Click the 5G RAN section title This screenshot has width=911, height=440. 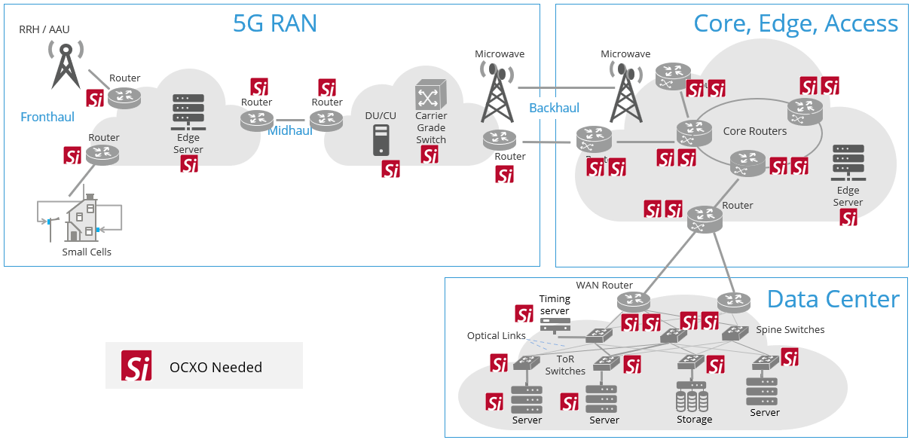pyautogui.click(x=275, y=23)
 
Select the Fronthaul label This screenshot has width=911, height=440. pyautogui.click(x=47, y=117)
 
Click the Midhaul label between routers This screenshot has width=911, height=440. pyautogui.click(x=290, y=130)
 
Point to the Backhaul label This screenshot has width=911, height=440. pyautogui.click(x=554, y=108)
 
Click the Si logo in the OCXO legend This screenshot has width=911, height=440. pyautogui.click(x=137, y=366)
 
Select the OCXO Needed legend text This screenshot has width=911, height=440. pyautogui.click(x=216, y=368)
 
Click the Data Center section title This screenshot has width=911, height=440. pyautogui.click(x=833, y=299)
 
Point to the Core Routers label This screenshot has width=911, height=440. pyautogui.click(x=754, y=131)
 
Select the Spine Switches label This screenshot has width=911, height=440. pyautogui.click(x=790, y=330)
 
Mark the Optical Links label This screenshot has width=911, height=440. pyautogui.click(x=496, y=336)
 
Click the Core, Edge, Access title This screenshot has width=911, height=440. pyautogui.click(x=796, y=23)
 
